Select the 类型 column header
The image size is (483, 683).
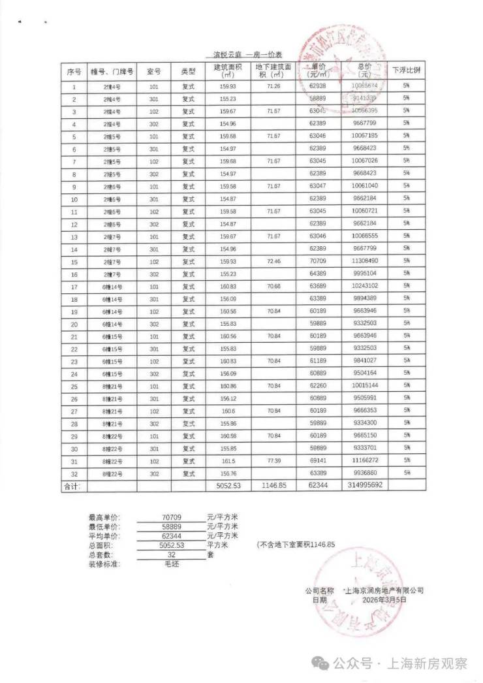(189, 71)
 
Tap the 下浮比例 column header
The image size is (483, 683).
(406, 71)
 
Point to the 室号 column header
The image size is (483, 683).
(154, 71)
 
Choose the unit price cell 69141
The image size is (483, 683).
(318, 461)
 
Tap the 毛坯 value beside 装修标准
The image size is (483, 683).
(172, 563)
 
